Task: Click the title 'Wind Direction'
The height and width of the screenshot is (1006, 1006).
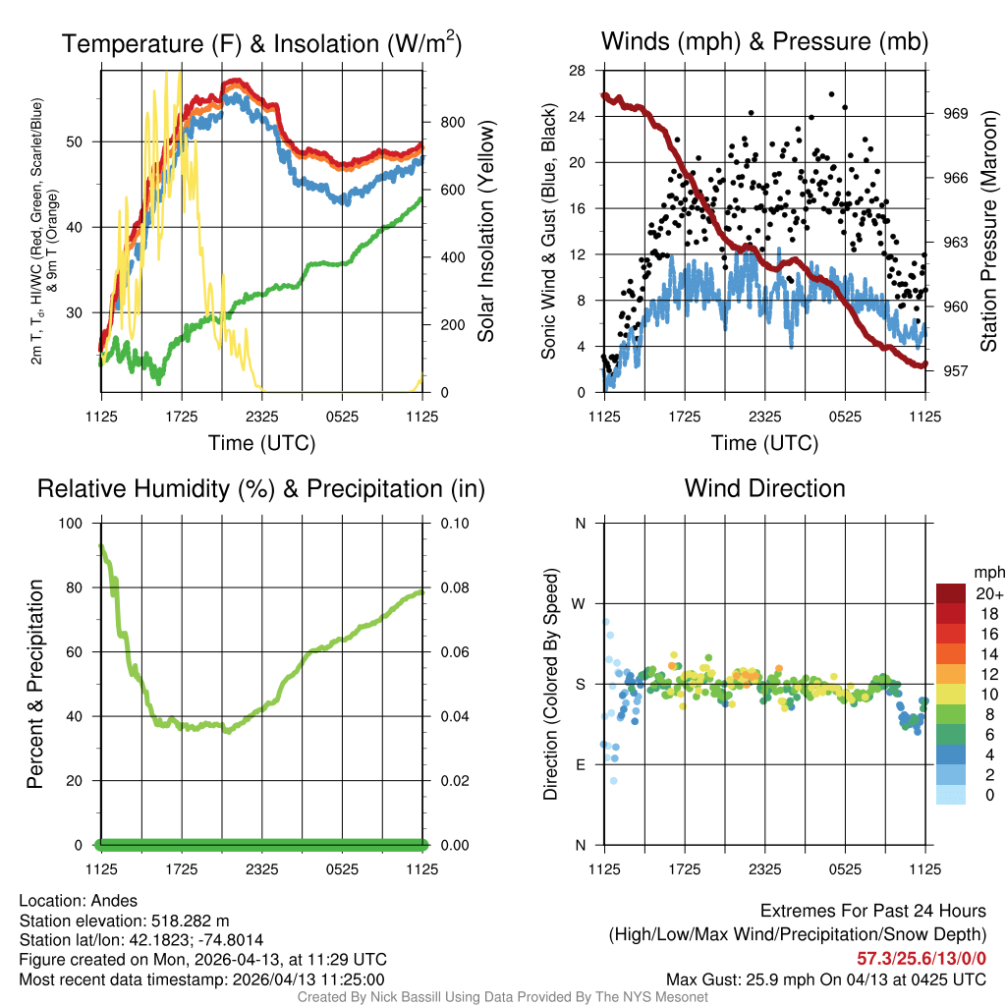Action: coord(764,488)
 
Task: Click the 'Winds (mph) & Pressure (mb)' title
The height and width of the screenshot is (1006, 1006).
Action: coord(764,41)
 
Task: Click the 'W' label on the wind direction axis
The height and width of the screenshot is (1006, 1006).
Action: coord(580,603)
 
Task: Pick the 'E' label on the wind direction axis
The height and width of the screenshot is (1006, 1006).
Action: coord(580,764)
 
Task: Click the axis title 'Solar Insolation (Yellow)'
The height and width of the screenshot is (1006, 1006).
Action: coord(485,231)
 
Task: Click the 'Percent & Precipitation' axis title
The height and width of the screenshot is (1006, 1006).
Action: coord(35,684)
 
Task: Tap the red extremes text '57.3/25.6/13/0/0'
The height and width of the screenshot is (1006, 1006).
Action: coord(922,958)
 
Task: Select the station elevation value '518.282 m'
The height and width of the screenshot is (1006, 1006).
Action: coord(190,921)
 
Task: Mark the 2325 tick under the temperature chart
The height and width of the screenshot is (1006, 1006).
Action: coord(262,416)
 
